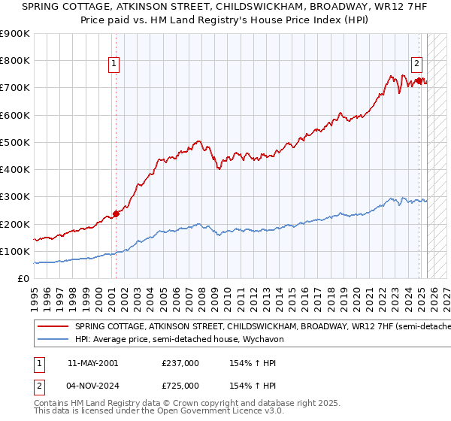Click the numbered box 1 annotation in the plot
(x=114, y=65)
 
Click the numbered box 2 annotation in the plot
(x=416, y=65)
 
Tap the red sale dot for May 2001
(x=117, y=214)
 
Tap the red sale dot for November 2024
(x=419, y=80)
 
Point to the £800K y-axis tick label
(x=15, y=61)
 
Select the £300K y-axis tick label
(x=15, y=197)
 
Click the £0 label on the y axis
(x=23, y=279)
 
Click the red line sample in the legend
(x=53, y=327)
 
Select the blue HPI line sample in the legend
(x=53, y=340)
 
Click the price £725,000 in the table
(x=180, y=386)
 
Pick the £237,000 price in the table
(x=180, y=363)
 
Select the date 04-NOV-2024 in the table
(x=93, y=386)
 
